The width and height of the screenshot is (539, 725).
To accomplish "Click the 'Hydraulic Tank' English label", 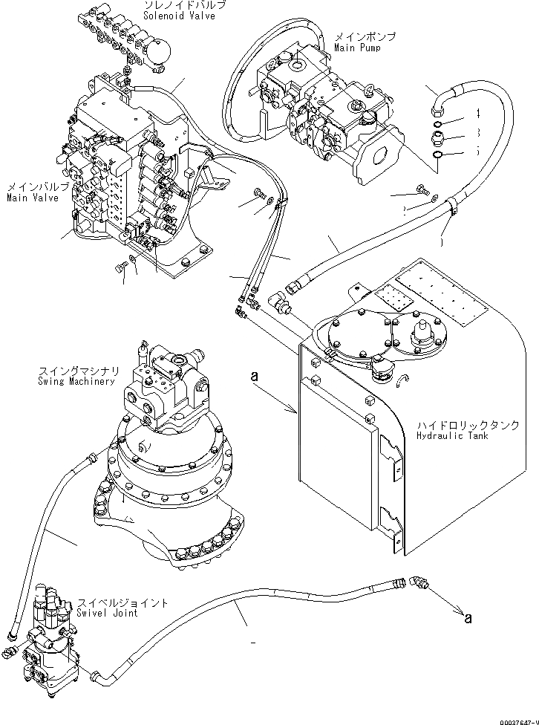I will [x=451, y=436].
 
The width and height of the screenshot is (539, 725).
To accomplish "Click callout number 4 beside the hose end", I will [x=478, y=113].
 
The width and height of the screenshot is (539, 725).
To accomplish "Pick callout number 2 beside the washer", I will [x=404, y=210].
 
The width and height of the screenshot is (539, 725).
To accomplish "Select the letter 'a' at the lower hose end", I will [x=467, y=616].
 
